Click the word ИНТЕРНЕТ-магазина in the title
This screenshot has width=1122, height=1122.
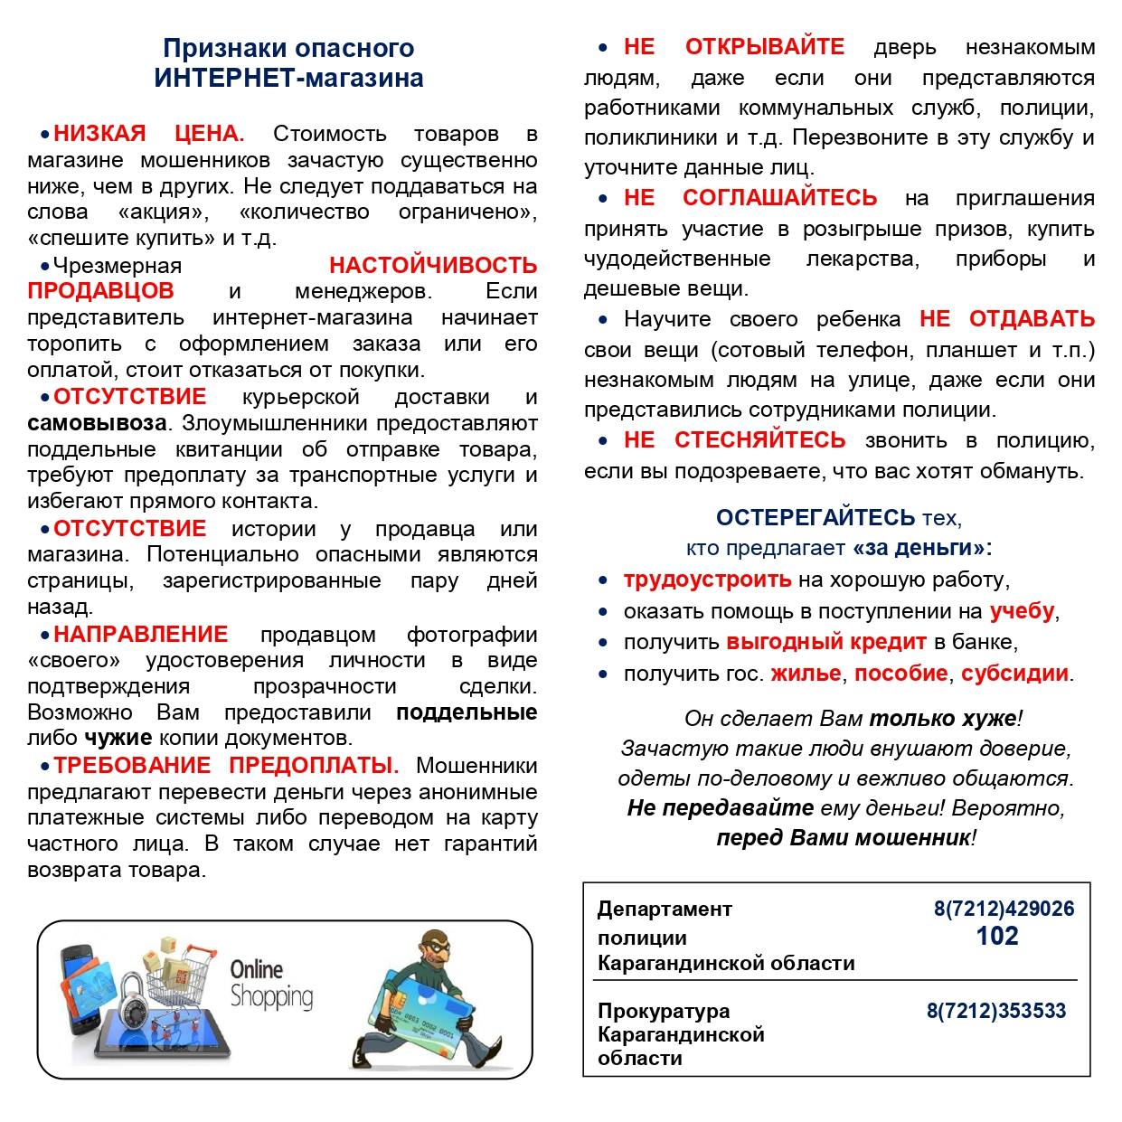288,78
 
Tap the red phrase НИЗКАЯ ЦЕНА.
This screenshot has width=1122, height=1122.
149,135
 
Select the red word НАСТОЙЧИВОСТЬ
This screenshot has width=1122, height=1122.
433,266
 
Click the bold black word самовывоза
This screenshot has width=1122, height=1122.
97,423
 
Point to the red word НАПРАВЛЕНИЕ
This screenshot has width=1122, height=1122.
140,634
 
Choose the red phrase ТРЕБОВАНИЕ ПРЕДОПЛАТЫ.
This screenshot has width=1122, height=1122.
225,766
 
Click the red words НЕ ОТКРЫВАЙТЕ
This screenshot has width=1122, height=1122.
733,47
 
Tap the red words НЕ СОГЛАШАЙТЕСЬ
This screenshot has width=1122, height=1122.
750,198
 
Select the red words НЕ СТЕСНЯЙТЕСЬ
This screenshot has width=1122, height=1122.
734,440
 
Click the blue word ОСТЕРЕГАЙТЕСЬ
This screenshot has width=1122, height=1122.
816,518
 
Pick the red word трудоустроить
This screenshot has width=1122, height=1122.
707,580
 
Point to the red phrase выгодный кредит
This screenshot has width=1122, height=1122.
826,642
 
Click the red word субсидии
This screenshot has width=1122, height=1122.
1014,674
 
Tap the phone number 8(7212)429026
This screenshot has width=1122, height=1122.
1004,909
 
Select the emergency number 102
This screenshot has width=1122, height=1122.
997,936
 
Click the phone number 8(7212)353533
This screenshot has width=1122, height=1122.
996,1011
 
